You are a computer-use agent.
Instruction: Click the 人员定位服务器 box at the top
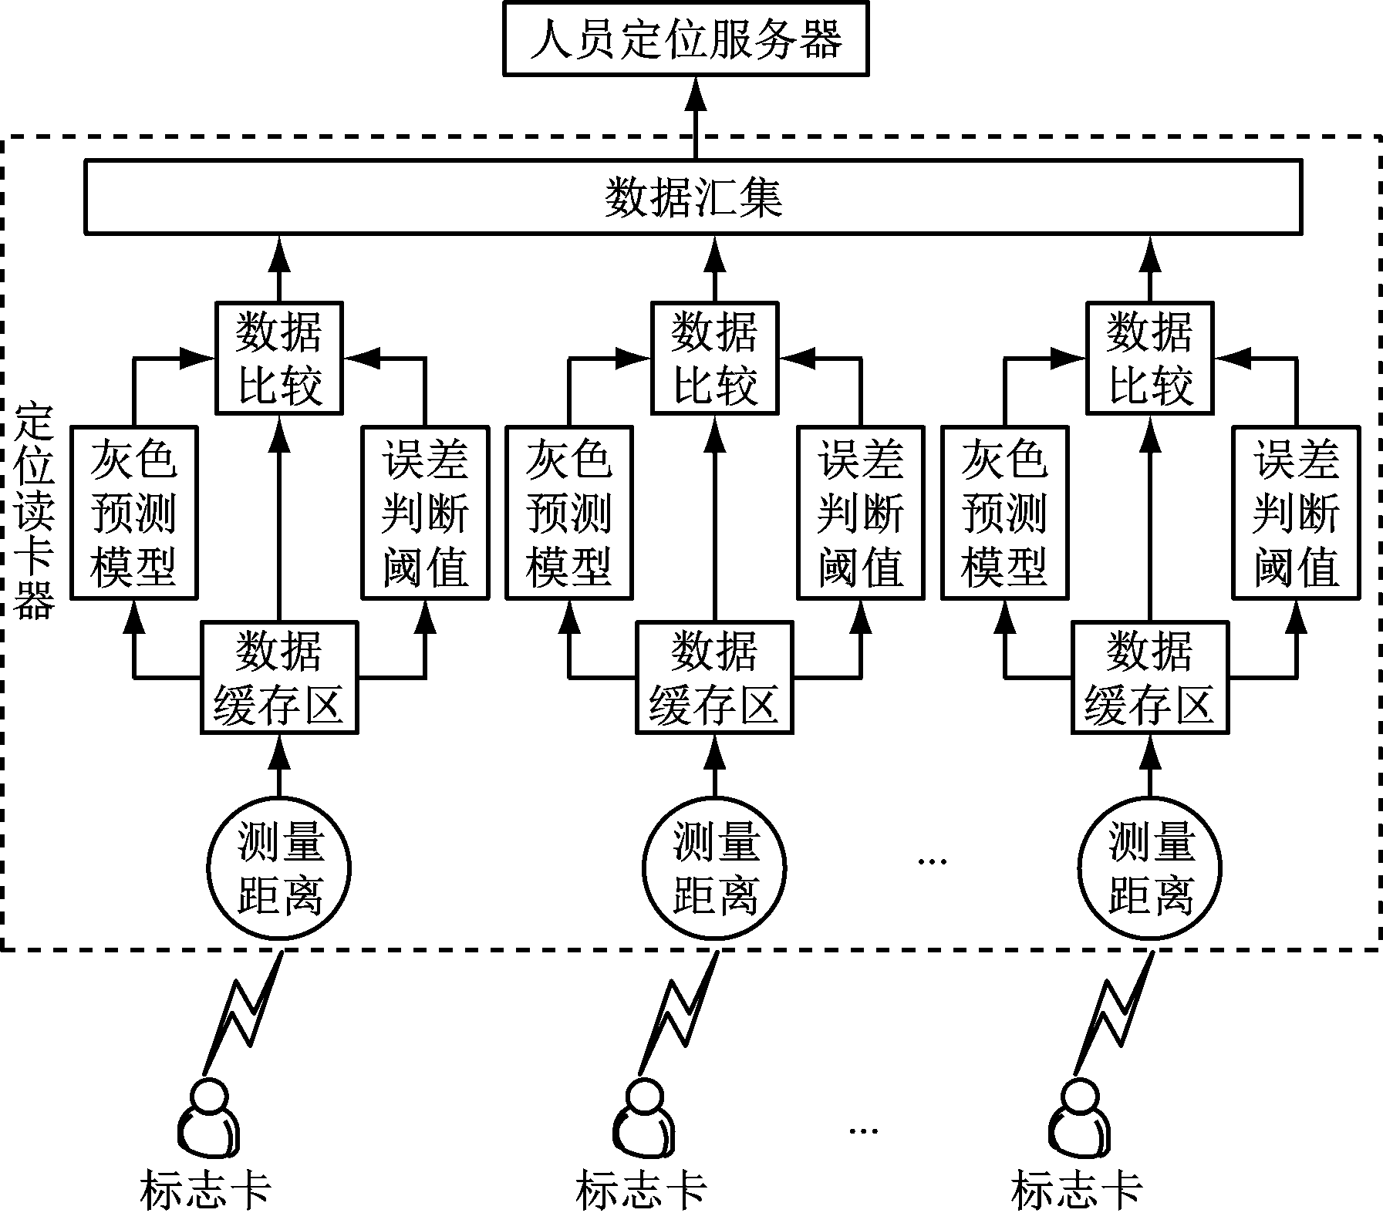click(x=686, y=39)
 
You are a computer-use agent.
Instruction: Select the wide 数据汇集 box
click(x=693, y=197)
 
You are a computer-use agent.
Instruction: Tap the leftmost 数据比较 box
click(x=278, y=358)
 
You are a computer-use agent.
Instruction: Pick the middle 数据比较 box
click(x=714, y=358)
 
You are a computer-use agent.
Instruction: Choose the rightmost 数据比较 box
click(x=1149, y=358)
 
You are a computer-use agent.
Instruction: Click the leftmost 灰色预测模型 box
click(x=134, y=513)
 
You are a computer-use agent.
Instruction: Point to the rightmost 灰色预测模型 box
click(x=1005, y=513)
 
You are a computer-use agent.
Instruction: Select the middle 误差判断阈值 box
click(x=860, y=513)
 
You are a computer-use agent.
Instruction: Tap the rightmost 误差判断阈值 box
click(x=1296, y=513)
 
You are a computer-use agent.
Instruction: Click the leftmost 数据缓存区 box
click(x=278, y=678)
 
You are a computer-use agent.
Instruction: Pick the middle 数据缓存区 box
click(x=714, y=678)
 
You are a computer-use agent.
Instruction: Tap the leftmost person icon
click(x=208, y=1118)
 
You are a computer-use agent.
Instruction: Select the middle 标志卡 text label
click(x=640, y=1189)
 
